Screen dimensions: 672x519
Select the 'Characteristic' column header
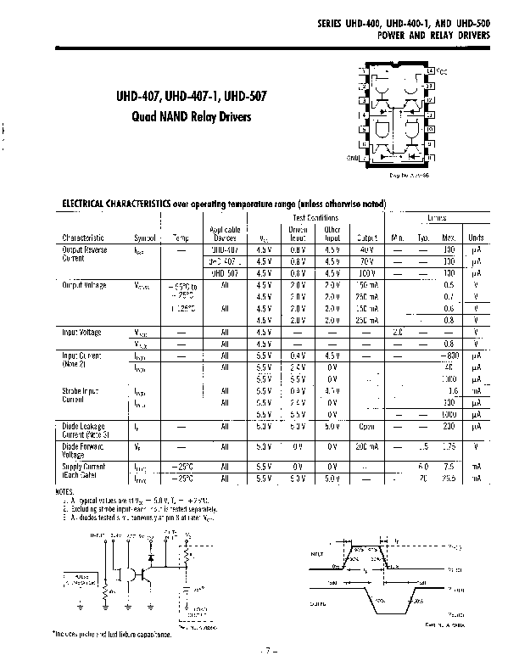pos(83,238)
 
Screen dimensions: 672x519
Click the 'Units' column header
pos(477,238)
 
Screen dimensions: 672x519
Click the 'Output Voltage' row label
pos(85,286)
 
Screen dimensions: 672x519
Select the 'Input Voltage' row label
pos(82,332)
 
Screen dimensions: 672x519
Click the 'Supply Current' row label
pos(83,468)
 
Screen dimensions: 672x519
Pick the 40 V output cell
pos(366,251)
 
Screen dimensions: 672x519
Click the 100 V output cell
pos(366,274)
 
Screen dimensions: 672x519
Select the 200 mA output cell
pos(366,446)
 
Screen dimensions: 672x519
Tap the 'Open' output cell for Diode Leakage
pos(366,427)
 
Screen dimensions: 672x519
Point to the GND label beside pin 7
pos(354,157)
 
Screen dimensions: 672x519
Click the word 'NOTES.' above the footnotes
pos(64,491)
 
